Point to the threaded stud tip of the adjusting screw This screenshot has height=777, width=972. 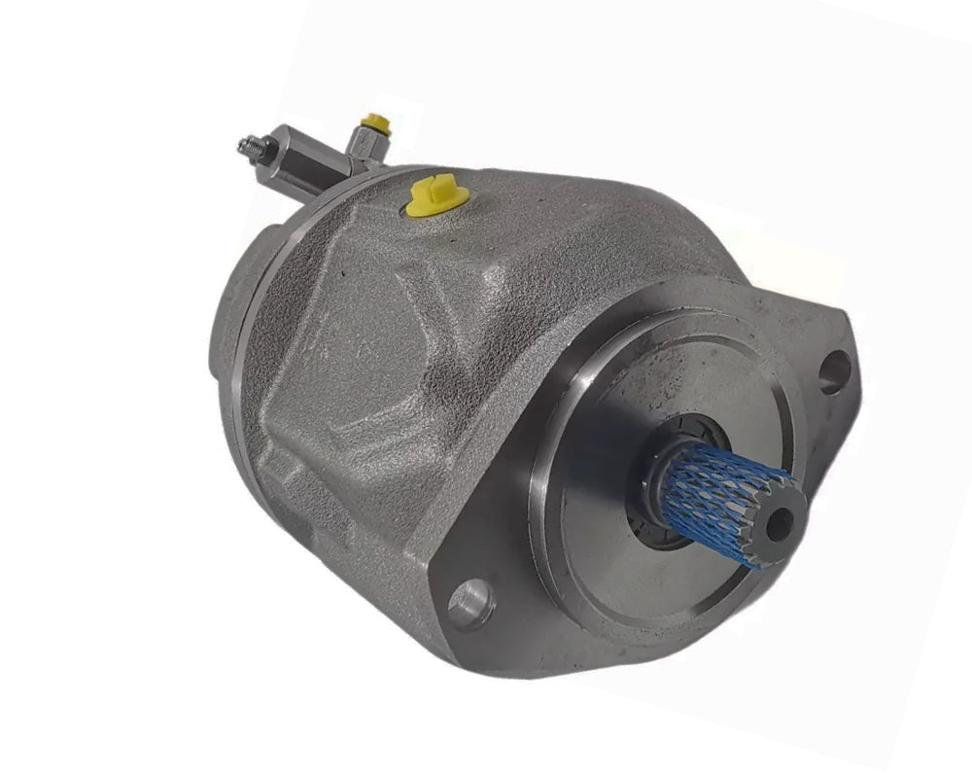(x=244, y=147)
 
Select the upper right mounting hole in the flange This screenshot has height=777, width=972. (x=834, y=371)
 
